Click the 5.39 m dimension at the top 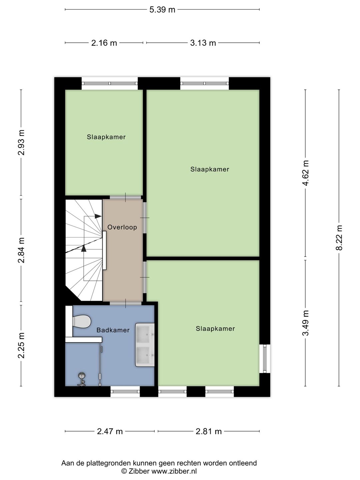[162, 10]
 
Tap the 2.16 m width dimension [104, 43]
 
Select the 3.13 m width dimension [203, 43]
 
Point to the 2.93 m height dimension [21, 143]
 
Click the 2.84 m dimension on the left [21, 250]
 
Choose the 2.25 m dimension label [21, 345]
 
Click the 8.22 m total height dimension [339, 238]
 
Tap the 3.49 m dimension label [306, 323]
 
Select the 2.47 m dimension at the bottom [110, 431]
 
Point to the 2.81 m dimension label [209, 431]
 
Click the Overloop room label [122, 227]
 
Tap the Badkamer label [113, 330]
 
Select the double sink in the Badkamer [145, 345]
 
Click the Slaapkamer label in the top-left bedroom [106, 137]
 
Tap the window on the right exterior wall [265, 359]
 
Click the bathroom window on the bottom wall [125, 391]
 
